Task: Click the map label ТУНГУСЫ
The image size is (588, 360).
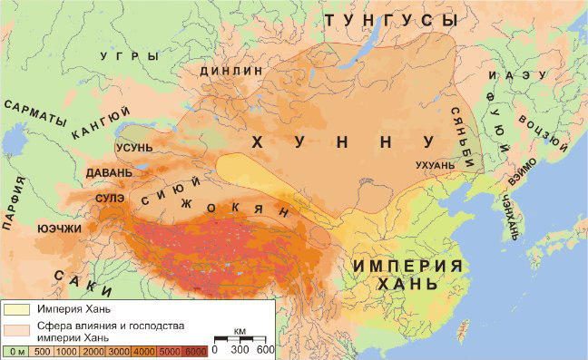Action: [x=393, y=19]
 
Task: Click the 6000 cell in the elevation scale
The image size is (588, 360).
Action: [x=194, y=350]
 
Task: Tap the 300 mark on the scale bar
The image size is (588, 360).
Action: [x=240, y=349]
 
